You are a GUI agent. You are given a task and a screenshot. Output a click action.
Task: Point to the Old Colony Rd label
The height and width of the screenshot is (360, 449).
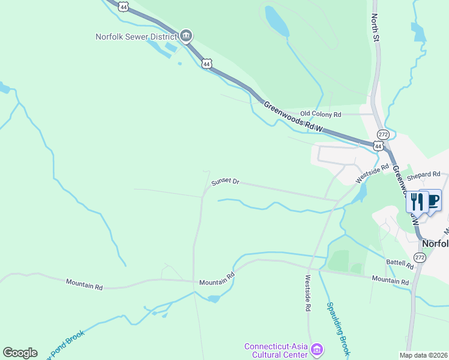click(321, 113)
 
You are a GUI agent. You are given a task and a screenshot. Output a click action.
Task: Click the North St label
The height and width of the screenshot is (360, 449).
click(375, 28)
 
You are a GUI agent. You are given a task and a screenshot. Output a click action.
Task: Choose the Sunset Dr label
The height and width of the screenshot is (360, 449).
click(225, 181)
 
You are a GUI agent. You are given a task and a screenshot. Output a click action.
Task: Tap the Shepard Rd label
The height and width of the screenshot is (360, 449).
click(424, 175)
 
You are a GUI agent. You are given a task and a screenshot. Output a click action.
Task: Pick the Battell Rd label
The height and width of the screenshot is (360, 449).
click(400, 263)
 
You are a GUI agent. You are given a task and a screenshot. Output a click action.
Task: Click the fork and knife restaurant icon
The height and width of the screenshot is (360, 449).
click(415, 201)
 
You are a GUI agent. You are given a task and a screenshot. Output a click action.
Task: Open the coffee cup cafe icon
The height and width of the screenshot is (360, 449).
click(432, 200)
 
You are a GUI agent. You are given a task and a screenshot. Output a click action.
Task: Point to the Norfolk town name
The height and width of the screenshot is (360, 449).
click(435, 244)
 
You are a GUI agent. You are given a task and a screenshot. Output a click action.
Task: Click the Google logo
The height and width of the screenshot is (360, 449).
click(20, 353)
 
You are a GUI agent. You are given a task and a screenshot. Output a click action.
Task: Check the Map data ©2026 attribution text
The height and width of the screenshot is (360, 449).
click(423, 355)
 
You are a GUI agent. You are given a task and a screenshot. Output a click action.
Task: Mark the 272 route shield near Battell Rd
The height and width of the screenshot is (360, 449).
click(420, 257)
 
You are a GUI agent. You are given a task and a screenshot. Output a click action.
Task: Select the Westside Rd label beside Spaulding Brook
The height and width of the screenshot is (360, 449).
click(307, 293)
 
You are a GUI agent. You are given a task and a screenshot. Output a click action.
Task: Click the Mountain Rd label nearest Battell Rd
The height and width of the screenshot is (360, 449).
click(390, 280)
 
